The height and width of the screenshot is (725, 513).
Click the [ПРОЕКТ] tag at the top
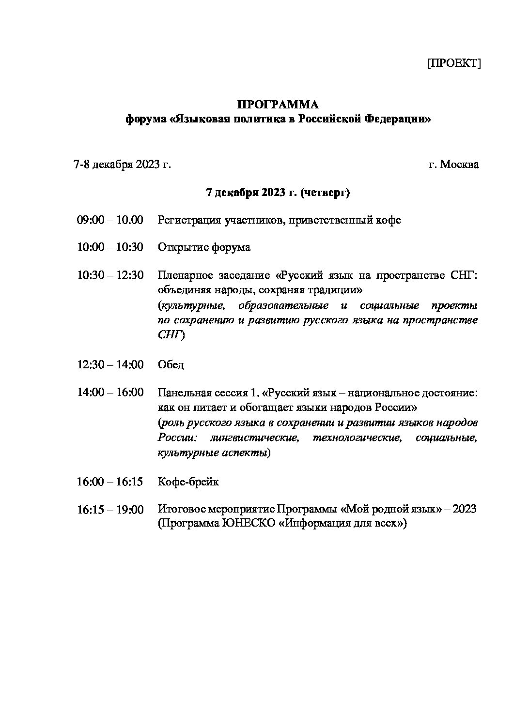[453, 63]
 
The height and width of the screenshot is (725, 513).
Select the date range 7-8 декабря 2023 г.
[122, 165]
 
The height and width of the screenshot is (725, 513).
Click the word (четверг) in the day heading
[325, 192]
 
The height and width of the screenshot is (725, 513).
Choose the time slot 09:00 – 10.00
[110, 220]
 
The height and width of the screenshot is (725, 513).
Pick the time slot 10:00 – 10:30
[110, 247]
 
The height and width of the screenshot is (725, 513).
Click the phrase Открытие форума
[204, 247]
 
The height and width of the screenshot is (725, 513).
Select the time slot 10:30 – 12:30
[110, 275]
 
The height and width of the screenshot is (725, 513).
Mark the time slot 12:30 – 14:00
[110, 364]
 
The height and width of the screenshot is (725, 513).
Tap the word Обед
[171, 364]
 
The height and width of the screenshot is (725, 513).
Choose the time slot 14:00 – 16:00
[110, 392]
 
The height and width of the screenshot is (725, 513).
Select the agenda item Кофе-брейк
[188, 482]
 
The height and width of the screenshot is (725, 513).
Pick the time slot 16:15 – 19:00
[110, 510]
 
